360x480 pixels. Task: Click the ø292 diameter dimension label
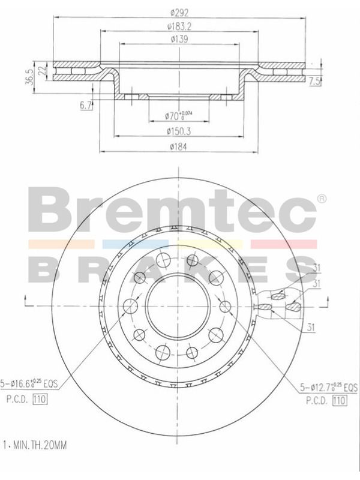(x=179, y=13)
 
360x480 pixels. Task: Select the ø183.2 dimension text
(x=179, y=26)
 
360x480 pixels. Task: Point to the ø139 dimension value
(x=179, y=39)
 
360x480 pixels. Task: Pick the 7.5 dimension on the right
(x=314, y=82)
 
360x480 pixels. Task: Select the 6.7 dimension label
(x=86, y=106)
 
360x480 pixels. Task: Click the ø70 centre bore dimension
(x=178, y=115)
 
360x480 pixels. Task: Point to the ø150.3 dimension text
(x=179, y=131)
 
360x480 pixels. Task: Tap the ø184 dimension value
(x=178, y=146)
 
